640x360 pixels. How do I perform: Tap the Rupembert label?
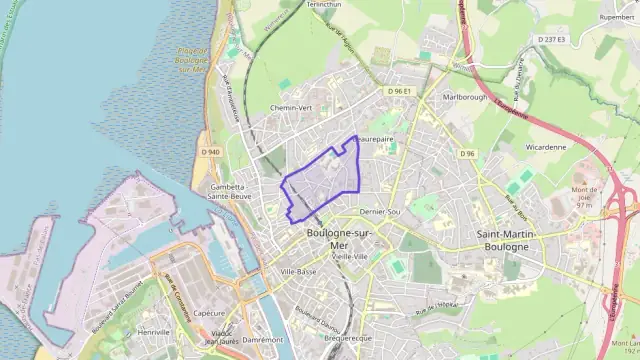coord(617,17)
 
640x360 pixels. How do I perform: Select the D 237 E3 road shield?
coord(551,39)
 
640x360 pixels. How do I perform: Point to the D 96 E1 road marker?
coord(400,91)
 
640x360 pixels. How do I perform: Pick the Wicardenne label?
coord(545,146)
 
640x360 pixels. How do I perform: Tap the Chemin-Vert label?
coord(292,108)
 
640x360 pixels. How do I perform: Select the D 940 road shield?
coord(210,151)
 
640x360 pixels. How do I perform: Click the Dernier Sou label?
coord(379,213)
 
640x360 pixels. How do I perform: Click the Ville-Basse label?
coord(298,271)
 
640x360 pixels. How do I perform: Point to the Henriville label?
coord(154,331)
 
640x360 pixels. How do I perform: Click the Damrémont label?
coord(262,340)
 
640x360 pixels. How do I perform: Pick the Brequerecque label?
coord(348,339)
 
